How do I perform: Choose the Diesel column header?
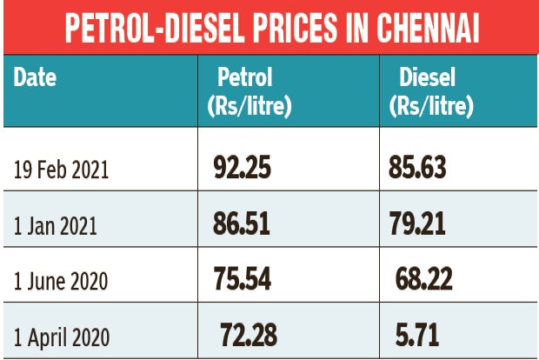[x=427, y=77]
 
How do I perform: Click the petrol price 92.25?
[x=241, y=168]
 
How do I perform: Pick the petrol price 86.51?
[x=241, y=223]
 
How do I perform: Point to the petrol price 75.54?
[x=241, y=279]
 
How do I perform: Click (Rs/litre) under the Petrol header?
[x=249, y=107]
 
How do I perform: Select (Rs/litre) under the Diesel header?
[x=430, y=107]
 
